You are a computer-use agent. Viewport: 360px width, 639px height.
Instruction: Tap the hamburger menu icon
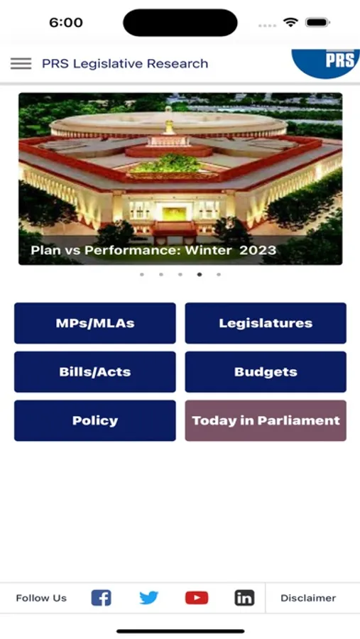21,63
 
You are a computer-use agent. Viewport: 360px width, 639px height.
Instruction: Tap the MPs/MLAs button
95,323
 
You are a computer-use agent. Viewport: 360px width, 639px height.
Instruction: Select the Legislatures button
266,323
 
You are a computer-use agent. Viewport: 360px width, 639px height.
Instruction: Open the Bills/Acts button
95,372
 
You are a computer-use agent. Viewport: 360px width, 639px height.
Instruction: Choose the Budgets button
266,372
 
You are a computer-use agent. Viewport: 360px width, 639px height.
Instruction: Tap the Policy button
95,420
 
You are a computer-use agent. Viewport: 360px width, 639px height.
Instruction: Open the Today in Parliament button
266,420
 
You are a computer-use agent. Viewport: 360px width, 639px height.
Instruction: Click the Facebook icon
102,598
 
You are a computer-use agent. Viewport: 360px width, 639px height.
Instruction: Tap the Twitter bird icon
149,598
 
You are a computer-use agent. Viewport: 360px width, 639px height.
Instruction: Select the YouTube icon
197,598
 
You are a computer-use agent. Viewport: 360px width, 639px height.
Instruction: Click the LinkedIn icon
244,598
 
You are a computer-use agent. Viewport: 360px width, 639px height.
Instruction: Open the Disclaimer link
308,598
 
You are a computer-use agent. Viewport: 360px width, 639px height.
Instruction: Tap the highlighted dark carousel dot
200,274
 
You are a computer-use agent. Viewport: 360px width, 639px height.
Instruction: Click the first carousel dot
142,274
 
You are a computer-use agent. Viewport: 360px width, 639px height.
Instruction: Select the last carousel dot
219,274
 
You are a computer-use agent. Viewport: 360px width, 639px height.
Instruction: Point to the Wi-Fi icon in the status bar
290,23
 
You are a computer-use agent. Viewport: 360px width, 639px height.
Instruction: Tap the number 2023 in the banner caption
258,250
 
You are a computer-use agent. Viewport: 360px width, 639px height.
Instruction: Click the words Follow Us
41,598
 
